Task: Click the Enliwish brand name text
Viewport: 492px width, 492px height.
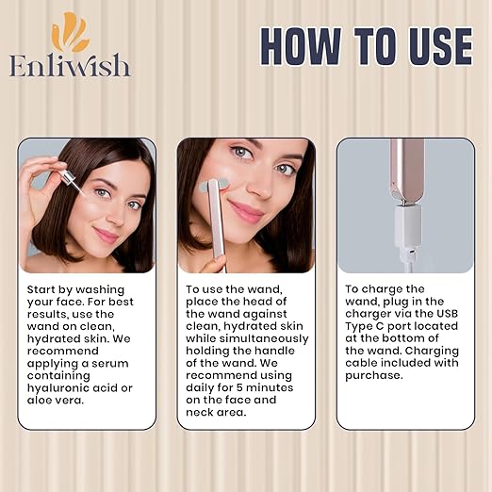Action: (70, 65)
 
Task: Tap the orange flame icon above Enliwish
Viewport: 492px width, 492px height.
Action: (70, 31)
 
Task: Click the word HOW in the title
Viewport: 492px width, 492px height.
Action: (301, 46)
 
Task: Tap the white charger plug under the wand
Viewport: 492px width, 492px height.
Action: (407, 234)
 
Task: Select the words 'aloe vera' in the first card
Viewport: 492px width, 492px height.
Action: (56, 401)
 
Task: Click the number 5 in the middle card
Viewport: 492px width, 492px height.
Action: (239, 387)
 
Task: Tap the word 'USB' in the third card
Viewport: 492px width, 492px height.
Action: (447, 314)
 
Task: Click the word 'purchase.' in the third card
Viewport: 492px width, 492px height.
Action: (374, 375)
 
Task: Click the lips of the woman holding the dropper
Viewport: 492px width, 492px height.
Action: (106, 235)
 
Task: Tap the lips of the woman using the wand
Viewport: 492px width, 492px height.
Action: (245, 211)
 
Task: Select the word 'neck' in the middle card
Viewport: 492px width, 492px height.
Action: (200, 412)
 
